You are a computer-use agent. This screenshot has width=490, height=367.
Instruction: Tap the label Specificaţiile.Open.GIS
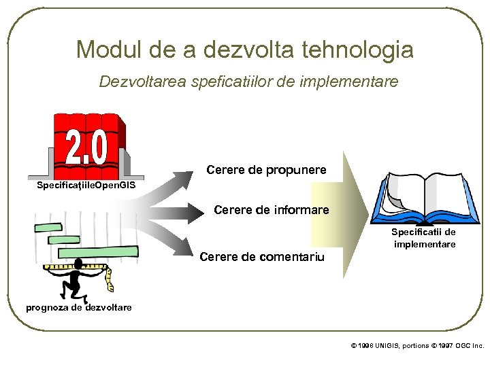point(86,186)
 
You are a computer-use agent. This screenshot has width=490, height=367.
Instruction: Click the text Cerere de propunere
point(265,169)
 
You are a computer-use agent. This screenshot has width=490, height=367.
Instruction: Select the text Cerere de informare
point(271,210)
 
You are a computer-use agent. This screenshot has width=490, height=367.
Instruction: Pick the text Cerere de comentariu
point(262,257)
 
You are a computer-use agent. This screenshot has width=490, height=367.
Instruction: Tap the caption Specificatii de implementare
point(423,238)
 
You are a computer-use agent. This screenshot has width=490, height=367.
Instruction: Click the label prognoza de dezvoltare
point(79,307)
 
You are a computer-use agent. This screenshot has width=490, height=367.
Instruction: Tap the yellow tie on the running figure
point(110,278)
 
